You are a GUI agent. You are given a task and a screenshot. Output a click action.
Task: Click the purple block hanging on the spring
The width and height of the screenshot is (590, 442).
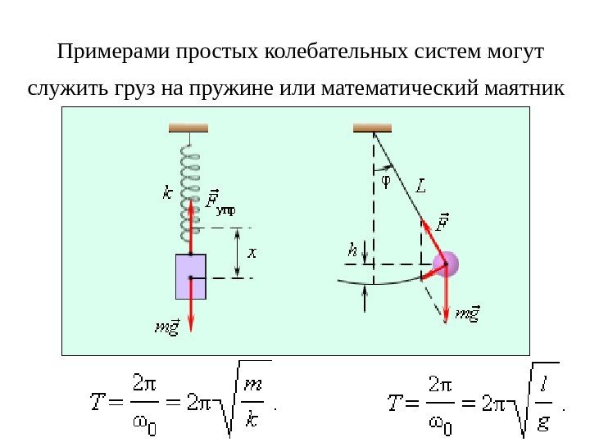[190, 276]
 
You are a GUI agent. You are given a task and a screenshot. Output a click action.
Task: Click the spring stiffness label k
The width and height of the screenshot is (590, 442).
[168, 195]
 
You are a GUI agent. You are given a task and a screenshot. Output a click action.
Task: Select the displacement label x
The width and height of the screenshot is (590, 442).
[252, 253]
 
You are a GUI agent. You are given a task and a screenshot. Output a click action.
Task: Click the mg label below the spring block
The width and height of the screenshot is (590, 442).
[167, 328]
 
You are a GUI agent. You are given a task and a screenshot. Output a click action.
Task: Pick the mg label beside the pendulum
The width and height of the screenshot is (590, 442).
[468, 312]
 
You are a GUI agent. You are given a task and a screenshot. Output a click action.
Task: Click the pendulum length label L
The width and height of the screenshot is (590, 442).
[420, 186]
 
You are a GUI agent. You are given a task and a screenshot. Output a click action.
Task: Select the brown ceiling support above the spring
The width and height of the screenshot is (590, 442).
[188, 127]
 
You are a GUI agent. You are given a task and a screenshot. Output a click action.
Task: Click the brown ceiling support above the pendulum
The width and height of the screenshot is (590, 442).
[371, 127]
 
